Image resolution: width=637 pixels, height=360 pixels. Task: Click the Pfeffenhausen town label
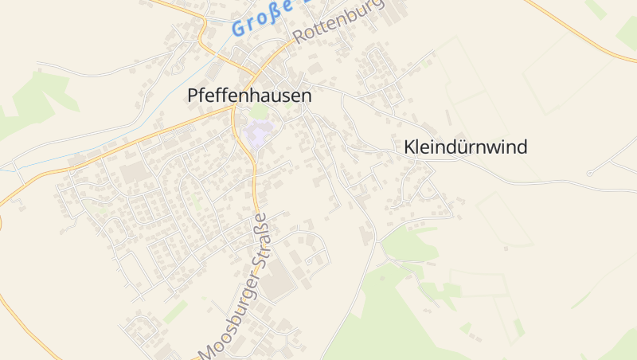249,95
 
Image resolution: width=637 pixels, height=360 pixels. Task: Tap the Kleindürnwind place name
466,147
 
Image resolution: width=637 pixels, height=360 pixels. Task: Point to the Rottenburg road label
338,21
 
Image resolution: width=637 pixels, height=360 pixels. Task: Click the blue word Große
260,19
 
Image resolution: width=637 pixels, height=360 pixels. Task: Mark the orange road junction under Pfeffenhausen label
233,111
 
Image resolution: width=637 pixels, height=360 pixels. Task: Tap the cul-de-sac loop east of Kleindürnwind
589,173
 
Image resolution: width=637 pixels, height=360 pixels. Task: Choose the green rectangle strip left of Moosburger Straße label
176,311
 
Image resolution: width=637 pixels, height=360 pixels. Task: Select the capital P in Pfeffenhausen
193,95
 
